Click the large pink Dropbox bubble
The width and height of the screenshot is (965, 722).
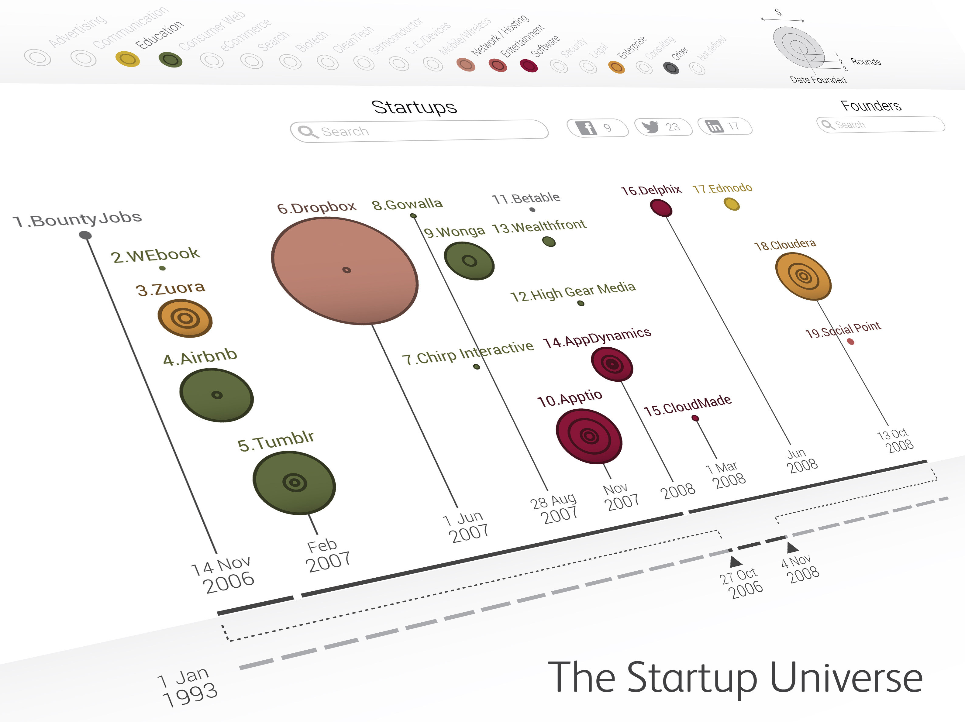click(x=345, y=270)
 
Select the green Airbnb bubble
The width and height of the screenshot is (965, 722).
click(x=217, y=395)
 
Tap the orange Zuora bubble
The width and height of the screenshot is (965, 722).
click(x=185, y=318)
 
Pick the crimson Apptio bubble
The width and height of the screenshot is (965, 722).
click(x=589, y=435)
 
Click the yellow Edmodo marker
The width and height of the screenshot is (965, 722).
click(x=732, y=204)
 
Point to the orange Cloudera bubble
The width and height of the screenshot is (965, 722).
click(x=803, y=276)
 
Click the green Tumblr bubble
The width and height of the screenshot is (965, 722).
click(x=294, y=483)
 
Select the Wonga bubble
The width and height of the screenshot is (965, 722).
click(x=469, y=261)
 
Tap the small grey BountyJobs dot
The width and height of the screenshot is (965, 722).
click(x=85, y=236)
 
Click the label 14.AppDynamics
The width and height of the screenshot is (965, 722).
click(x=597, y=338)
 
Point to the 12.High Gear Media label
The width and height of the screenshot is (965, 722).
click(x=573, y=292)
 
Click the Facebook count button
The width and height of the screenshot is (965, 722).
click(x=597, y=127)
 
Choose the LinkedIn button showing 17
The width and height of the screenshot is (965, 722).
click(x=725, y=126)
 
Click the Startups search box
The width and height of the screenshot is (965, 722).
click(x=419, y=131)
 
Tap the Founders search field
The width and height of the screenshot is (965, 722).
click(x=881, y=124)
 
